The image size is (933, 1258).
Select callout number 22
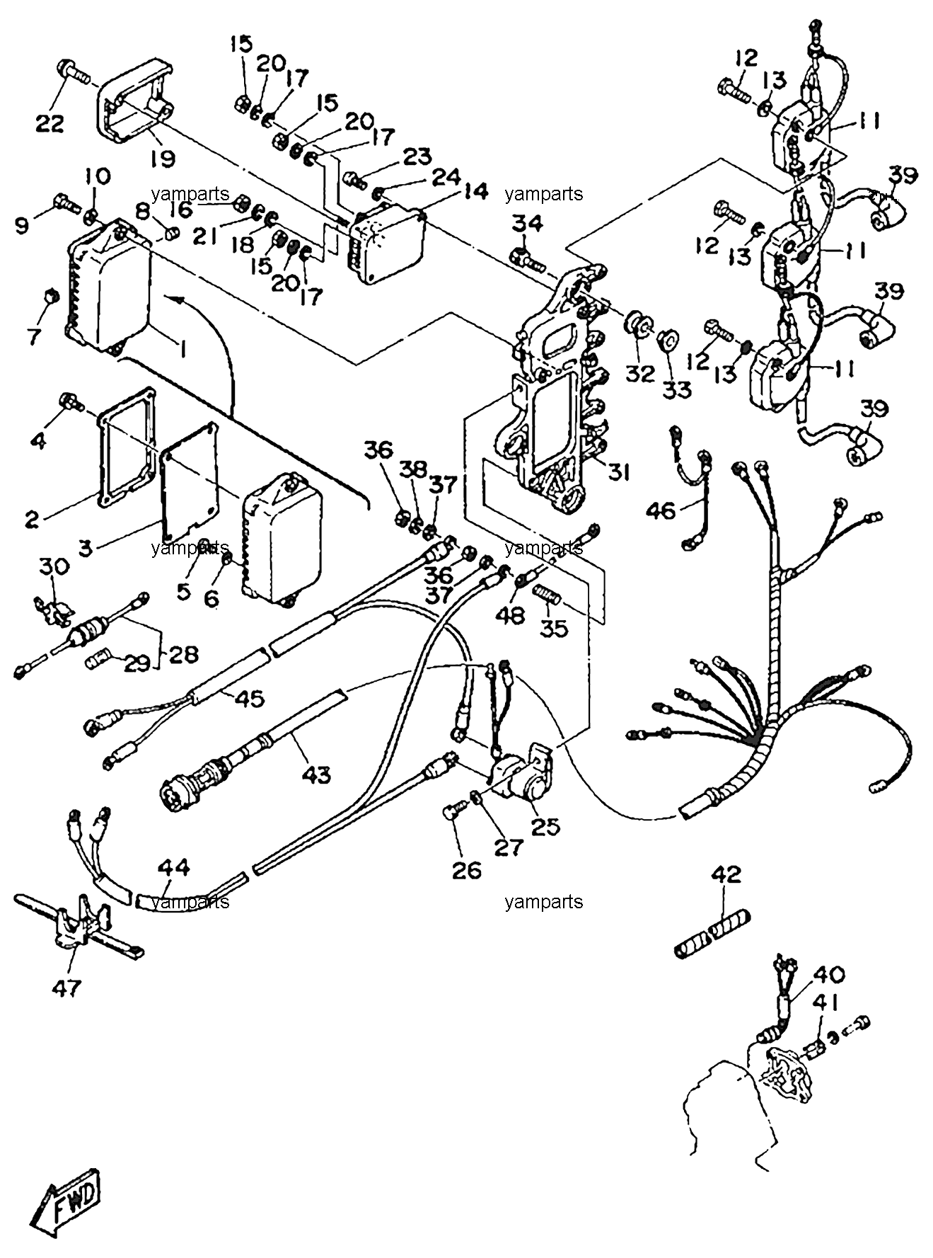[50, 123]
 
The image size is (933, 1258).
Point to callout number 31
[618, 471]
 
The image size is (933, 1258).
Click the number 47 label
[67, 987]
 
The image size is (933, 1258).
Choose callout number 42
[726, 874]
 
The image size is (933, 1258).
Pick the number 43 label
[315, 774]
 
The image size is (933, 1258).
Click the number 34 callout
[528, 224]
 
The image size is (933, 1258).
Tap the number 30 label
[54, 566]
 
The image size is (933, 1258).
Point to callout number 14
[475, 191]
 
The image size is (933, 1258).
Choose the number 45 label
[249, 699]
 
